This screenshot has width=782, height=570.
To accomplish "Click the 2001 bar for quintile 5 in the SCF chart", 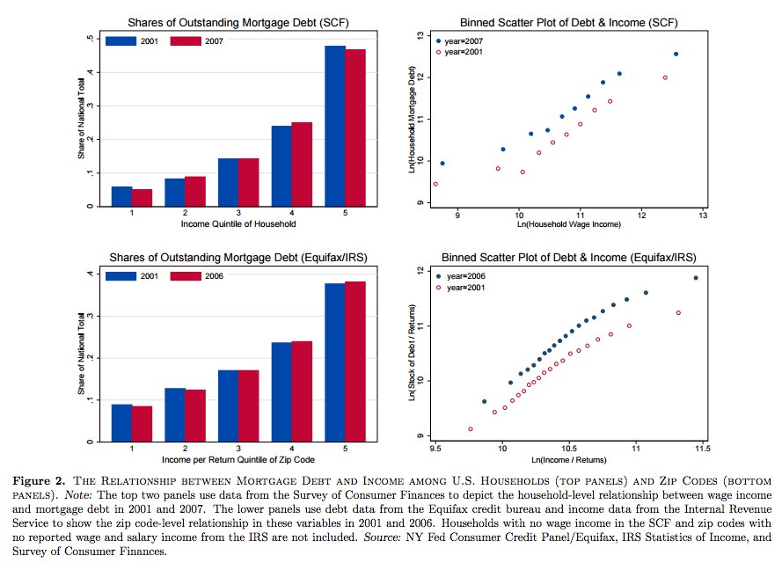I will pyautogui.click(x=334, y=126).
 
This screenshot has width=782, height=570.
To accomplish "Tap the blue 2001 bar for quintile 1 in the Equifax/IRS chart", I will pyautogui.click(x=121, y=423).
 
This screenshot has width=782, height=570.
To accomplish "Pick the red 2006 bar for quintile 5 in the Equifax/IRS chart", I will pyautogui.click(x=355, y=362).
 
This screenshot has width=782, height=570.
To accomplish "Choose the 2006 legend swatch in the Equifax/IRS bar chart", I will pyautogui.click(x=186, y=276).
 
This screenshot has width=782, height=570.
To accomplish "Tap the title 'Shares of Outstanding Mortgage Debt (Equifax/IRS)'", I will pyautogui.click(x=238, y=257).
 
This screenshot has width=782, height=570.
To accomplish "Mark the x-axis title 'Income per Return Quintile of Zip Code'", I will pyautogui.click(x=238, y=459).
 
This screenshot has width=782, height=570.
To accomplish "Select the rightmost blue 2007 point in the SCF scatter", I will pyautogui.click(x=676, y=54).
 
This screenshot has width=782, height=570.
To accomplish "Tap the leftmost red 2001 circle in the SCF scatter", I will pyautogui.click(x=435, y=184).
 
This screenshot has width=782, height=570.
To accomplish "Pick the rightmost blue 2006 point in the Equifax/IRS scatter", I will pyautogui.click(x=696, y=278).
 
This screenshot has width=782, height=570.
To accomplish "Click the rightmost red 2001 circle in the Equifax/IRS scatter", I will pyautogui.click(x=678, y=312).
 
